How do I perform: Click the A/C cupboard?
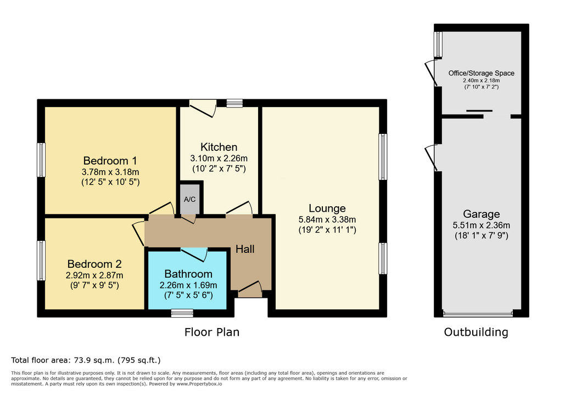coord(189,199)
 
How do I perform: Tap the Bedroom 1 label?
coord(110,160)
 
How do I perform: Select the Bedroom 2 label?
coord(94,264)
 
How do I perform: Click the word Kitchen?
coord(219,147)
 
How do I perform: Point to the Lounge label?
coord(327,208)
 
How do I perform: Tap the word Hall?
coord(245,249)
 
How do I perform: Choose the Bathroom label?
coord(188,274)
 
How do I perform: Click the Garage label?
coord(481,215)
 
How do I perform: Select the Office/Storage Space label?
coord(481,73)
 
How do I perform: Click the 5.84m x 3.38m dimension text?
coord(327,219)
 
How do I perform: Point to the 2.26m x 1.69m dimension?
coord(188,285)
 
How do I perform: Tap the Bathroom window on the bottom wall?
coord(182,313)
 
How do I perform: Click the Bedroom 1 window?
coord(41,160)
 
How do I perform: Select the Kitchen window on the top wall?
coord(234,103)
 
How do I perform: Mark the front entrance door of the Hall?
coord(250,290)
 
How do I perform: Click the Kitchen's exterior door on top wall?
coord(203,108)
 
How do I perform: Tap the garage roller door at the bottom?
coord(478,314)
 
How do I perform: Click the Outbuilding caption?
coord(476,332)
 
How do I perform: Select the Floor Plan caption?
coord(212,332)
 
